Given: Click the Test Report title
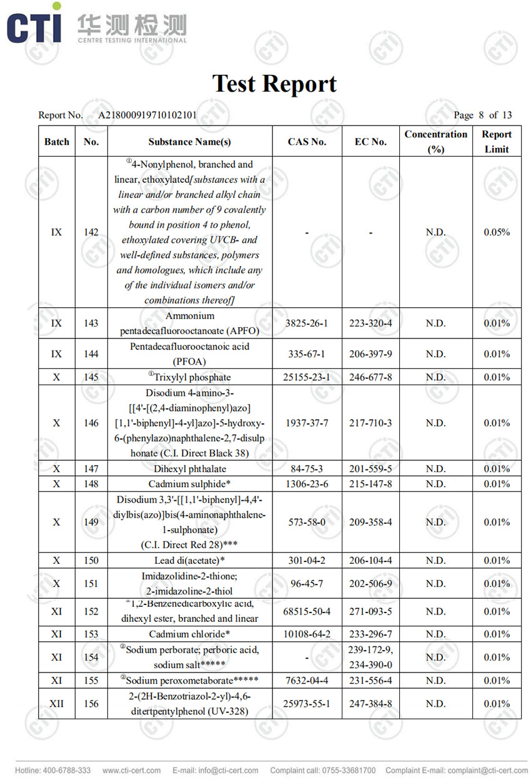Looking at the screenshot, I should click(274, 83).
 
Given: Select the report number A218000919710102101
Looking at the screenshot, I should click(147, 115).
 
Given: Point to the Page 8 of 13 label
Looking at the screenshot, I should click(482, 115).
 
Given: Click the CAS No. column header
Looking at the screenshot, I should click(307, 142).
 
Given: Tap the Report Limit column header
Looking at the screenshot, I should click(497, 142).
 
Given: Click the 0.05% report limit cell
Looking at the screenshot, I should click(497, 232).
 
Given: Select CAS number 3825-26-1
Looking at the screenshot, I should click(307, 323).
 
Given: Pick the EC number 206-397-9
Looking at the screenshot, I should click(370, 354).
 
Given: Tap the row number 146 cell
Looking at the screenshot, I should click(91, 423).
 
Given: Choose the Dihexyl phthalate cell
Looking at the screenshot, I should click(190, 469).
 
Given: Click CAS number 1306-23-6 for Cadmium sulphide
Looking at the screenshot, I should click(307, 484).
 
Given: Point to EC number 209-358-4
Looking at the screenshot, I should click(370, 522).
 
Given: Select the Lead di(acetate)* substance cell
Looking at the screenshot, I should click(190, 560).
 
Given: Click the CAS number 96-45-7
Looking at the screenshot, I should click(307, 584).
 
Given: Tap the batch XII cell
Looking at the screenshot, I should click(56, 704).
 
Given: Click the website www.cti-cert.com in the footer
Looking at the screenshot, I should click(131, 771).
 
